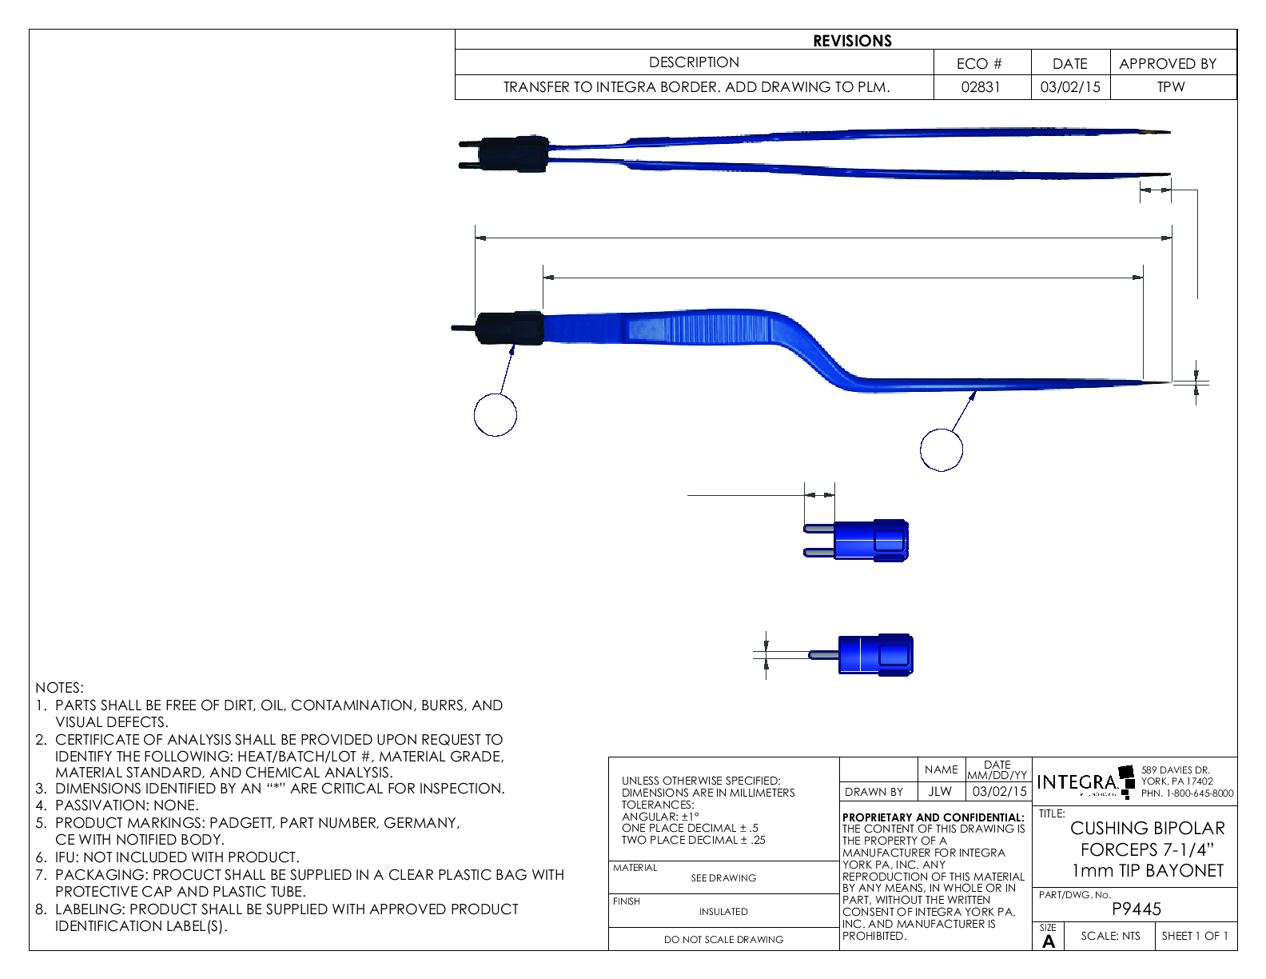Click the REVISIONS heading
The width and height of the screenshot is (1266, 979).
[x=852, y=41]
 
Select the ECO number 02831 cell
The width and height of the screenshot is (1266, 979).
[x=981, y=87]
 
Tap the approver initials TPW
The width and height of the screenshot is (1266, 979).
[x=1170, y=87]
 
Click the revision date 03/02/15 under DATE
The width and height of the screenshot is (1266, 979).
[x=1070, y=87]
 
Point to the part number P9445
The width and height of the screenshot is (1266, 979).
[x=1137, y=909]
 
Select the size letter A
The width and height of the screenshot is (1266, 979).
[x=1049, y=941]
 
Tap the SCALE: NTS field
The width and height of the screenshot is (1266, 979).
[x=1110, y=936]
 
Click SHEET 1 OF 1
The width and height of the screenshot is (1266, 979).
[x=1195, y=936]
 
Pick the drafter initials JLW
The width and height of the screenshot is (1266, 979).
[x=940, y=792]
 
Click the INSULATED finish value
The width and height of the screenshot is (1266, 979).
[x=723, y=912]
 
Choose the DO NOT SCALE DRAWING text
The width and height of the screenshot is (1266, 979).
[x=723, y=940]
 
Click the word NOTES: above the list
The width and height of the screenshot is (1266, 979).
[x=59, y=688]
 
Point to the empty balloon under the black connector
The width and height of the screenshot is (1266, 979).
[x=496, y=415]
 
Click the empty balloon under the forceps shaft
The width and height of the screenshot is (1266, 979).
[x=941, y=450]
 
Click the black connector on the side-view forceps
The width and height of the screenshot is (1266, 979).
[x=510, y=328]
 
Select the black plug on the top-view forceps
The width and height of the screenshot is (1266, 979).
[x=516, y=154]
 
